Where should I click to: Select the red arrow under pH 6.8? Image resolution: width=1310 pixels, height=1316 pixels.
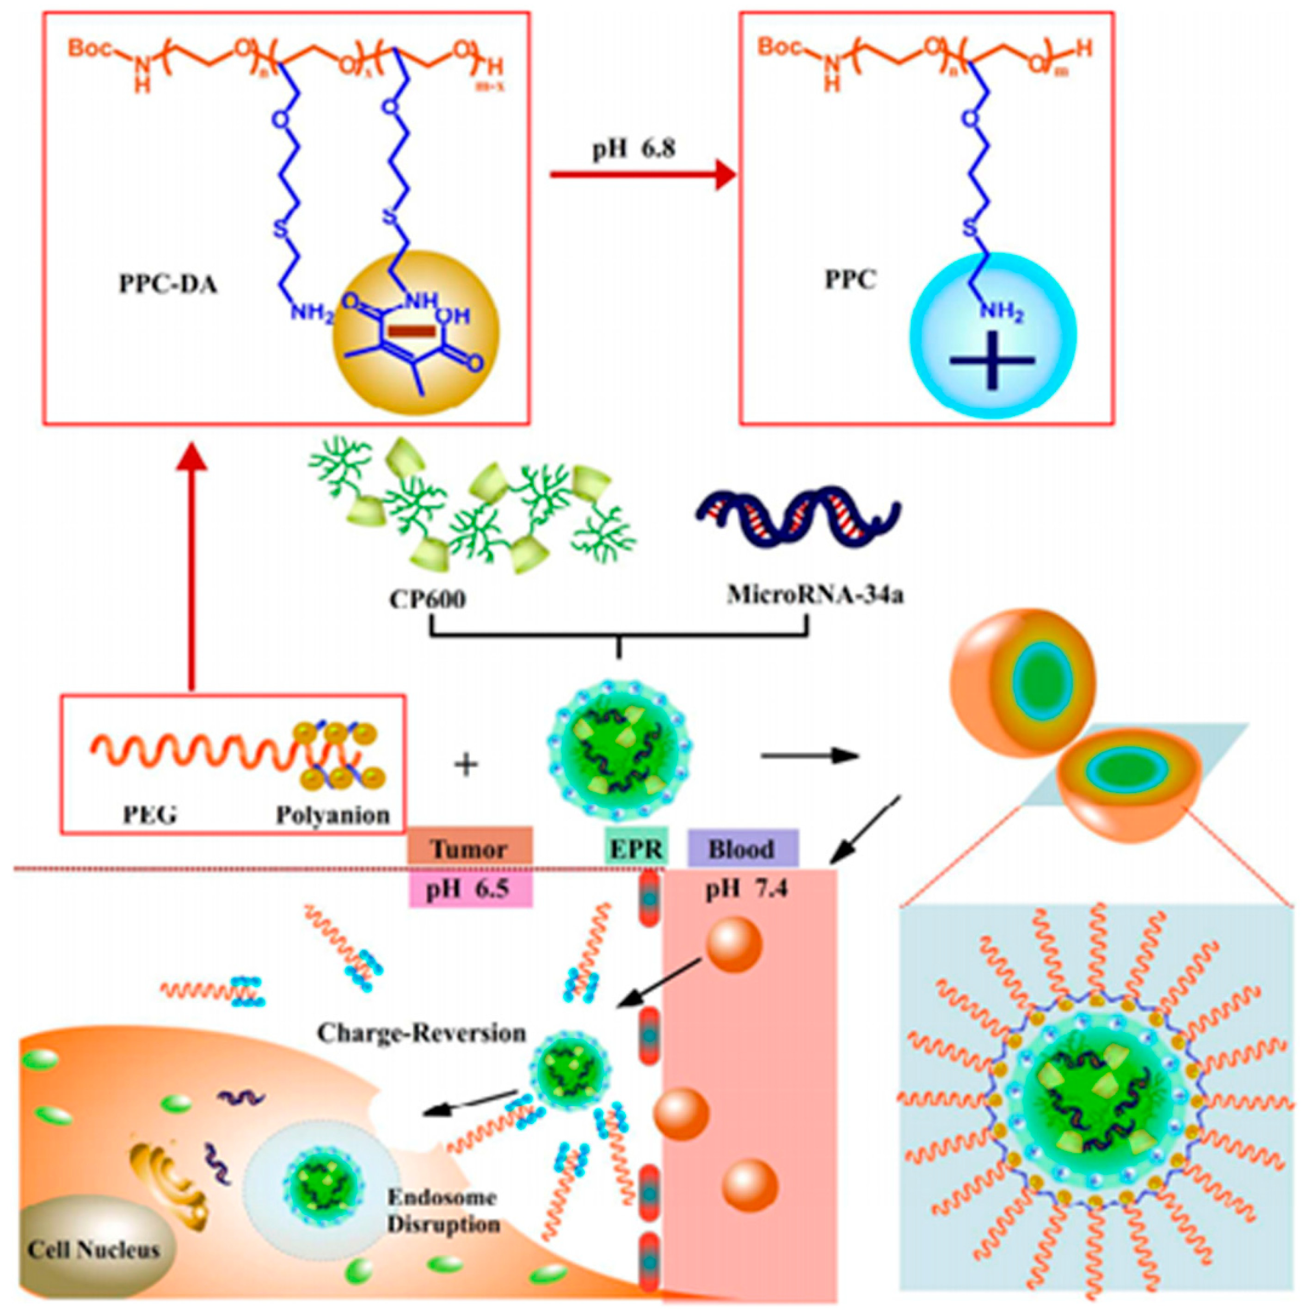pyautogui.click(x=643, y=175)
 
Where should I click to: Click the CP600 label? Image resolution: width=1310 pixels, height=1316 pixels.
pyautogui.click(x=428, y=599)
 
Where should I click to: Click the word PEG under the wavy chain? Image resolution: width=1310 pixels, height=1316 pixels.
pyautogui.click(x=149, y=815)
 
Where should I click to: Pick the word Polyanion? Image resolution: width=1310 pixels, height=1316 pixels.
pyautogui.click(x=332, y=815)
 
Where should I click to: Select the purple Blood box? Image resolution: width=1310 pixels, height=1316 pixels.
pyautogui.click(x=742, y=849)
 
